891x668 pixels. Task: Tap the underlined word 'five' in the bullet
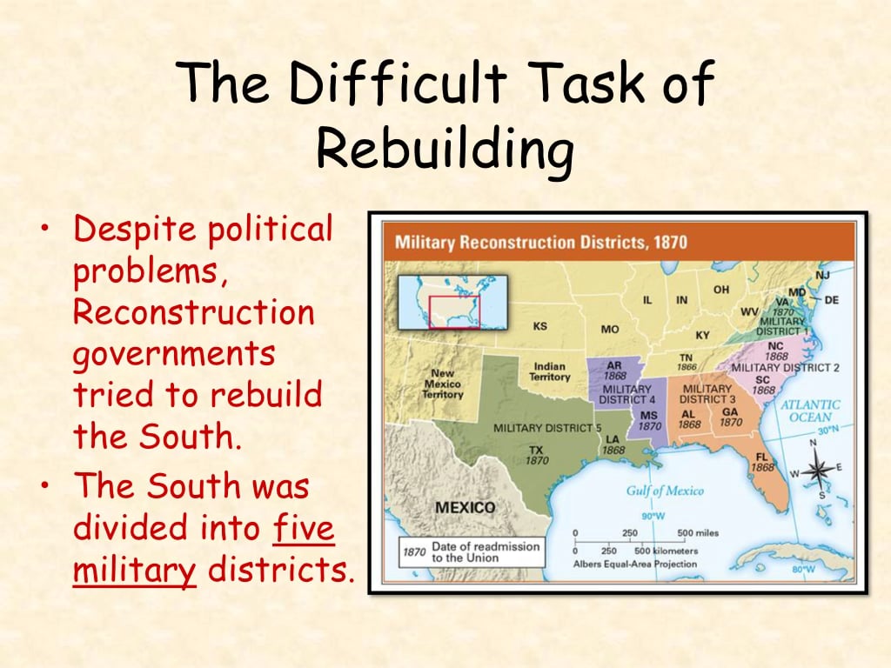(x=304, y=528)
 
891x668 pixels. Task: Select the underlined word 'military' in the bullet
(x=134, y=570)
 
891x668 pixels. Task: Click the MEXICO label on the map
(x=465, y=507)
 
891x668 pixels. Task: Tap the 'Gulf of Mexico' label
(x=665, y=491)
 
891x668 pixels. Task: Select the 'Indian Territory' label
(x=550, y=371)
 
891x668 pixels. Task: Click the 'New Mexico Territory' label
(x=443, y=384)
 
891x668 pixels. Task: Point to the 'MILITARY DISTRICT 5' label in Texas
(x=547, y=428)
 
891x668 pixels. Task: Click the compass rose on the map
(x=817, y=471)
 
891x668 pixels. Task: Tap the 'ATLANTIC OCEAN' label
(x=810, y=411)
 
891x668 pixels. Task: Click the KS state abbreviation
(x=540, y=327)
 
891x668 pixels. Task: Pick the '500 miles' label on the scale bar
(x=697, y=533)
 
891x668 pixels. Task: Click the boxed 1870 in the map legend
(x=413, y=551)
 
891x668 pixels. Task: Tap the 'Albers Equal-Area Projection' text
(x=635, y=564)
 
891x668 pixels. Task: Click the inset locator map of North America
(x=452, y=301)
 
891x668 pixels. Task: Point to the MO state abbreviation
(x=610, y=330)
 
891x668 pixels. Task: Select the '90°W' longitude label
(x=653, y=515)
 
